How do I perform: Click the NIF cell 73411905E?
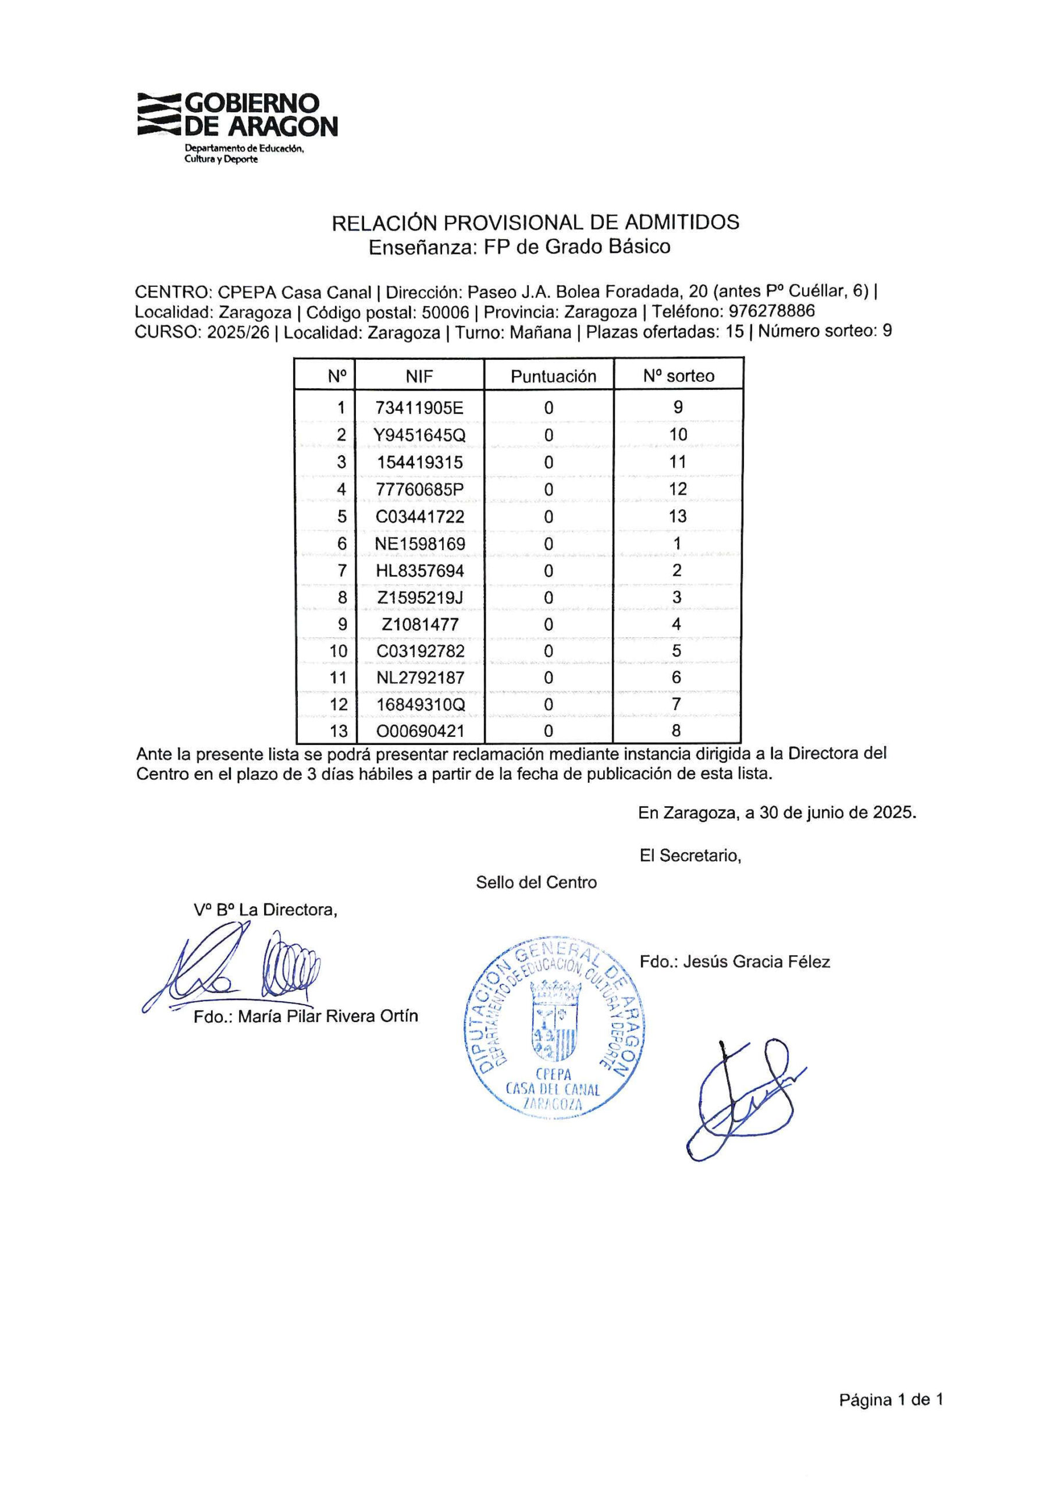419,408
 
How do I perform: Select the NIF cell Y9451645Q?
419,435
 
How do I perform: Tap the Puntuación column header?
553,376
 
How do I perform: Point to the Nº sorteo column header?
678,376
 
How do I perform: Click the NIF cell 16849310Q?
419,704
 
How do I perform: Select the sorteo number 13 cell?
678,517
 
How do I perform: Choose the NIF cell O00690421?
420,731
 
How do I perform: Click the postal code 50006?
444,313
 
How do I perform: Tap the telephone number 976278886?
772,311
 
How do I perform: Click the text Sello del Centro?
536,882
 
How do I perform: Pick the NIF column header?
419,376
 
